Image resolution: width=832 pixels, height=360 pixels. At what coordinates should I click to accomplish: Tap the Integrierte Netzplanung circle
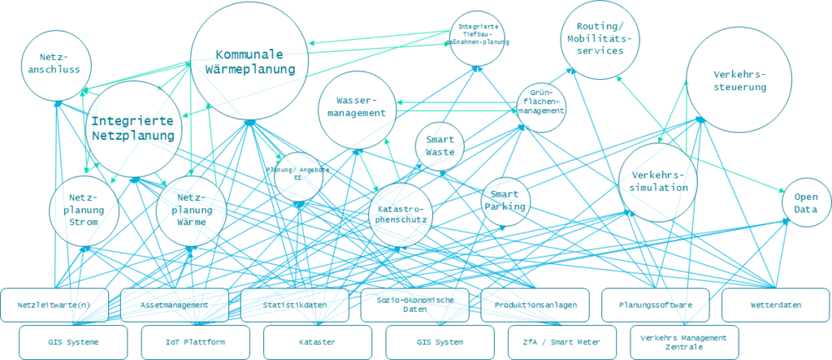click(132, 128)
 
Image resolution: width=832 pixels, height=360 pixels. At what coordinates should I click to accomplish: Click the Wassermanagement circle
click(357, 109)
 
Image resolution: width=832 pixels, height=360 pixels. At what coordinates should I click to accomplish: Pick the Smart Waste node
click(440, 146)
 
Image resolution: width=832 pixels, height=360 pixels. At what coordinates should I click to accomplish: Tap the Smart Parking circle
click(505, 201)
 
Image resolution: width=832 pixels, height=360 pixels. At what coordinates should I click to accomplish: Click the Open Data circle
click(805, 202)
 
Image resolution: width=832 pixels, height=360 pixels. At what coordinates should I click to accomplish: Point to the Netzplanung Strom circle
click(82, 210)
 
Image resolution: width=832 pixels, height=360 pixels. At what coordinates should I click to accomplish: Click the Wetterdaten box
click(774, 305)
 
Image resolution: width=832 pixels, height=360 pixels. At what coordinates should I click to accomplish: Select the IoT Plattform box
click(194, 342)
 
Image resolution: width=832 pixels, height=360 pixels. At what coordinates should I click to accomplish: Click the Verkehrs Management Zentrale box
click(683, 342)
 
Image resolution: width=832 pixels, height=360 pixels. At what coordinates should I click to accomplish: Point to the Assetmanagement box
click(174, 305)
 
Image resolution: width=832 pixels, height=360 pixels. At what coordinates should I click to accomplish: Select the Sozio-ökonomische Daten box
click(414, 305)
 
